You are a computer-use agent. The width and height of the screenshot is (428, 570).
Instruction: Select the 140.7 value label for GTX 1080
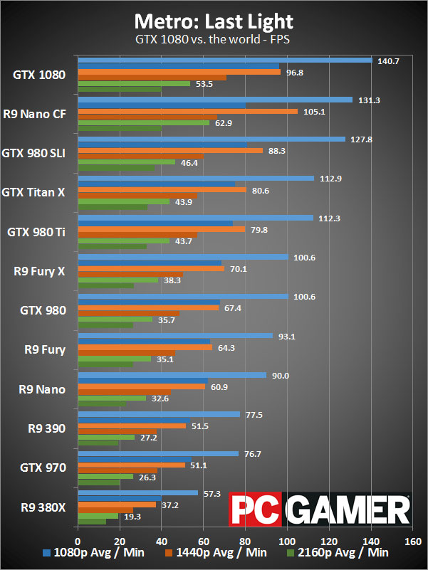[390, 61]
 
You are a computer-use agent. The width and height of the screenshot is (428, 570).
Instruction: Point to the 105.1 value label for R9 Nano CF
[315, 112]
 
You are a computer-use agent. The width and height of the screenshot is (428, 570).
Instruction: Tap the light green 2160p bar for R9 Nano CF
[143, 123]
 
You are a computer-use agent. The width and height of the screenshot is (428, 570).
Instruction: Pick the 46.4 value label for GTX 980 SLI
[192, 163]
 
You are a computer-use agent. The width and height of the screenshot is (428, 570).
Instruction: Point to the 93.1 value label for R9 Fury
[290, 337]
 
